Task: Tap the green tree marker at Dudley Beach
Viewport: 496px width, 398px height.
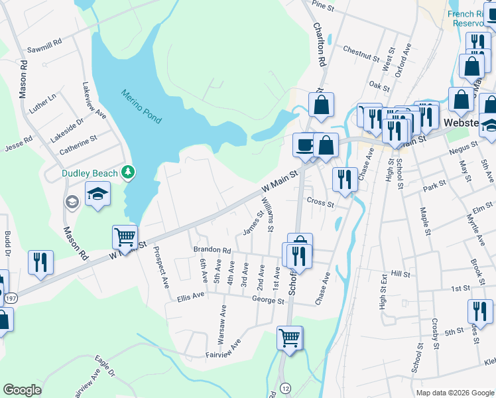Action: coord(129,173)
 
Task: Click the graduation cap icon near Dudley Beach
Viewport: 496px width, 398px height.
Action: coord(97,194)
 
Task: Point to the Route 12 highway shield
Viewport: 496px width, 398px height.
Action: coord(284,387)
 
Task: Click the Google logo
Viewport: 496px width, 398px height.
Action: coord(22,390)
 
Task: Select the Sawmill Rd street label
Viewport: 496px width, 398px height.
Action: coord(44,46)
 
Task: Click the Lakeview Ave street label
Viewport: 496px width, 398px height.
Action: coord(94,100)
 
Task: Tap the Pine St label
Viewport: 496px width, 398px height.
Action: coord(322,5)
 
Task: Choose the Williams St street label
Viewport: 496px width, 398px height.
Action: coord(267,215)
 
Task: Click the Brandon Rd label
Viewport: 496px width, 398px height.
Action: coord(212,251)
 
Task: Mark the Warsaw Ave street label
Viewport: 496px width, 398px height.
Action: coord(223,319)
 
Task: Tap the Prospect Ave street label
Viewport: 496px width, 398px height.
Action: coord(160,267)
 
